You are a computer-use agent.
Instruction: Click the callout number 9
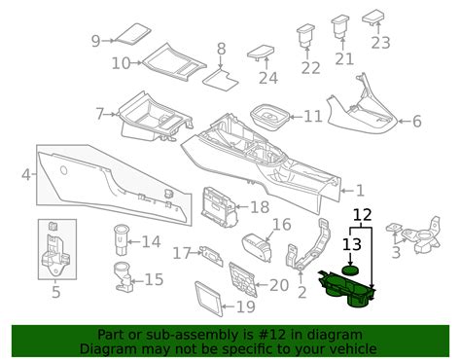pyautogui.click(x=95, y=40)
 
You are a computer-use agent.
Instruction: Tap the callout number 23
pyautogui.click(x=380, y=42)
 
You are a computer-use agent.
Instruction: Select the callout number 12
pyautogui.click(x=362, y=214)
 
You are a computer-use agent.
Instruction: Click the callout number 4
pyautogui.click(x=25, y=175)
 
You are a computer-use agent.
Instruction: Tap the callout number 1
pyautogui.click(x=360, y=191)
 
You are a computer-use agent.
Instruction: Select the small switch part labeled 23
pyautogui.click(x=380, y=19)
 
